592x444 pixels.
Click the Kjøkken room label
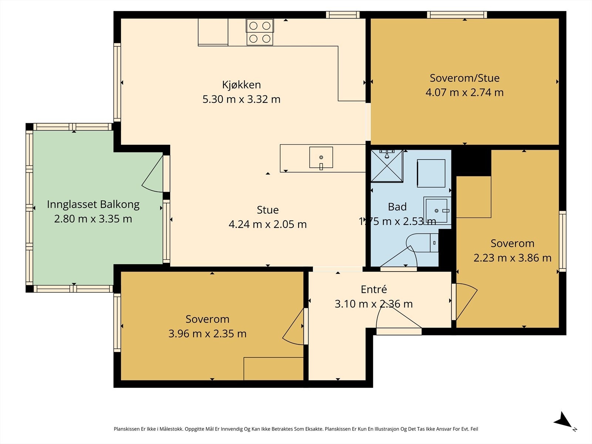click(241, 85)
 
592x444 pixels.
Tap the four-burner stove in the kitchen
click(260, 32)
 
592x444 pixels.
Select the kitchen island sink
click(321, 158)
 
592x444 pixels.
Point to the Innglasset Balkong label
click(93, 205)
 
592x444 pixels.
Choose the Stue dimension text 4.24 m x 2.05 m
click(268, 224)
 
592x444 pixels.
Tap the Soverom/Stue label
click(464, 78)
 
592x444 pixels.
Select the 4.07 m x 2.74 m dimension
click(464, 92)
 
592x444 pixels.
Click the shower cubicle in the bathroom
click(387, 166)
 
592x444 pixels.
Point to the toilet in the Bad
click(422, 243)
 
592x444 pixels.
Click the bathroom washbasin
click(437, 211)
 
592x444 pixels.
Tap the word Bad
click(397, 207)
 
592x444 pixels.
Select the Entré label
click(374, 289)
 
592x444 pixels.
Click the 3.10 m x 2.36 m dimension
click(374, 304)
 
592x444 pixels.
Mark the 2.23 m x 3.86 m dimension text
click(512, 258)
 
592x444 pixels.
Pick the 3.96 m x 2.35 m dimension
click(208, 334)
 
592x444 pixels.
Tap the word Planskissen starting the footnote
click(127, 429)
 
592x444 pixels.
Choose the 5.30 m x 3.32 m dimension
click(241, 99)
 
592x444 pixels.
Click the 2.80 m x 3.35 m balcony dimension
click(93, 219)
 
